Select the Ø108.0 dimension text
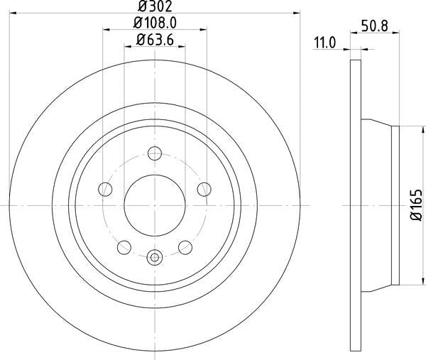[x=155, y=23]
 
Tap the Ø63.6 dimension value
[x=155, y=39]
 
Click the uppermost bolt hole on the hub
[x=155, y=153]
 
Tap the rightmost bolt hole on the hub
[x=204, y=188]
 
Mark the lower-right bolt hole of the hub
[x=186, y=246]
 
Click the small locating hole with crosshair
[x=155, y=258]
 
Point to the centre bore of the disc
[x=155, y=205]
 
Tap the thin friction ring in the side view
[x=355, y=205]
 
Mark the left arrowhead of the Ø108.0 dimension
[x=106, y=30]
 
